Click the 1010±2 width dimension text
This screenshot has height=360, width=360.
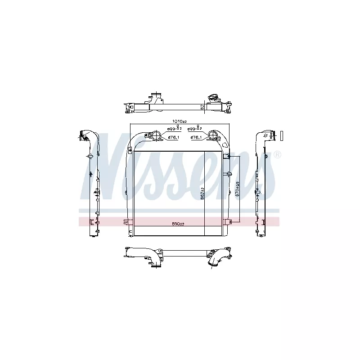(x=180, y=121)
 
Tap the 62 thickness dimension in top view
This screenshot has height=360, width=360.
(x=202, y=107)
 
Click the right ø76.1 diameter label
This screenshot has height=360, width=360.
(x=197, y=137)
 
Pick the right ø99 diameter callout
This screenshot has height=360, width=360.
(x=195, y=129)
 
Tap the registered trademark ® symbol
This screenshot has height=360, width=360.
(x=277, y=154)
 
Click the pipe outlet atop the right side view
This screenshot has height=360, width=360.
(x=269, y=135)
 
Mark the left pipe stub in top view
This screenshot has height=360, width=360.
(x=155, y=98)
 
